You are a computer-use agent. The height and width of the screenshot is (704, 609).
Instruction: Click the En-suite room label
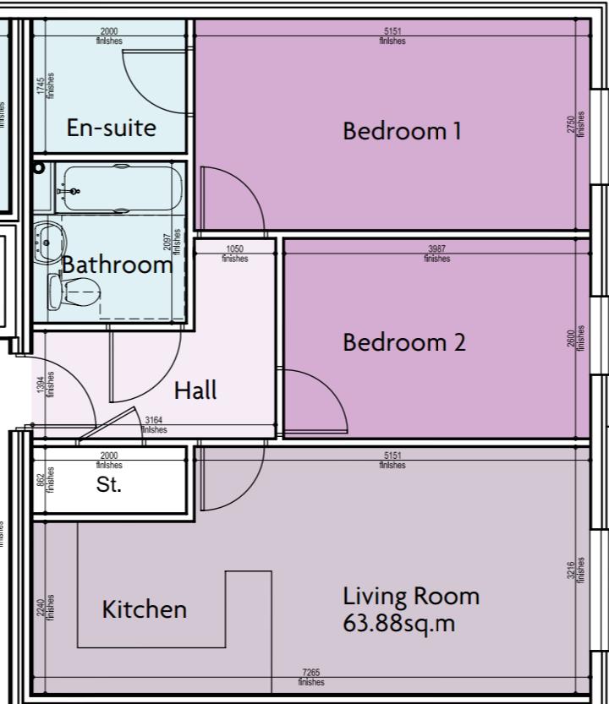(x=111, y=128)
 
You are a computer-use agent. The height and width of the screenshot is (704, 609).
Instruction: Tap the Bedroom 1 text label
(x=402, y=131)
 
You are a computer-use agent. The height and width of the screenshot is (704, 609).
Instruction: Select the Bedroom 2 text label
(x=403, y=342)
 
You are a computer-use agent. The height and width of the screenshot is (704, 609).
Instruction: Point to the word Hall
(x=195, y=390)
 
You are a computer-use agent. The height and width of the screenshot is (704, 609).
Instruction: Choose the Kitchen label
(x=144, y=608)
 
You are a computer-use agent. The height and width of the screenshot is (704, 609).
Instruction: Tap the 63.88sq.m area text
(x=399, y=625)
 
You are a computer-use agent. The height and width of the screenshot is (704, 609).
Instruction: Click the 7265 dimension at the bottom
(x=310, y=673)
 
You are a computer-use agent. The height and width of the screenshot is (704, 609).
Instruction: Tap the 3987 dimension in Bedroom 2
(x=436, y=248)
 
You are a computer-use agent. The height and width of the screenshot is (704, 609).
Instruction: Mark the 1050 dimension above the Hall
(x=235, y=248)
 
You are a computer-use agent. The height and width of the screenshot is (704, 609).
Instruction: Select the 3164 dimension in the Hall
(x=154, y=420)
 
